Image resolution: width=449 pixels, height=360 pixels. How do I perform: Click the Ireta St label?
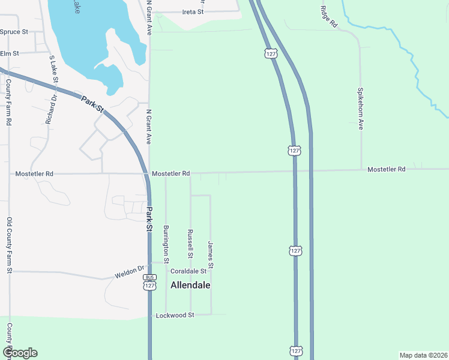click(193, 11)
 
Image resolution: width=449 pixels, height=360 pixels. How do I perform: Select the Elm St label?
click(10, 53)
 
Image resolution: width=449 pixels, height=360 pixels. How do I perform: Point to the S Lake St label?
click(55, 70)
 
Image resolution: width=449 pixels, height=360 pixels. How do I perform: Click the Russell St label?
click(190, 244)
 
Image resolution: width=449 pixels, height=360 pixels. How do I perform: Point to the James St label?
click(211, 254)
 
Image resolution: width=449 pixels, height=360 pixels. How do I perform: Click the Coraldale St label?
click(184, 271)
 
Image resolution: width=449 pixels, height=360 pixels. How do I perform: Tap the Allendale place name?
click(191, 285)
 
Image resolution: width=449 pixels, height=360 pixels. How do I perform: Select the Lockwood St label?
click(175, 315)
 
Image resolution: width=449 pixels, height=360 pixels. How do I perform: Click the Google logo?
click(20, 353)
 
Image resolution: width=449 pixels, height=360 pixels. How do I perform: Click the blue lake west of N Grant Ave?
click(90, 36)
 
